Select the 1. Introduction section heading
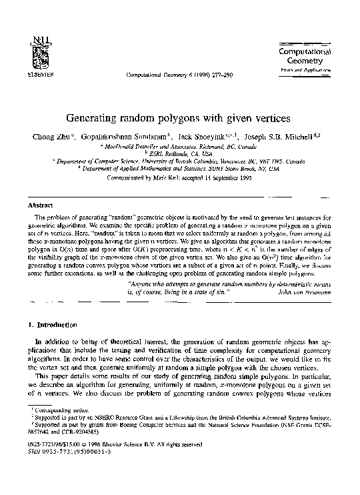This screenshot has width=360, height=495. [49, 325]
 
